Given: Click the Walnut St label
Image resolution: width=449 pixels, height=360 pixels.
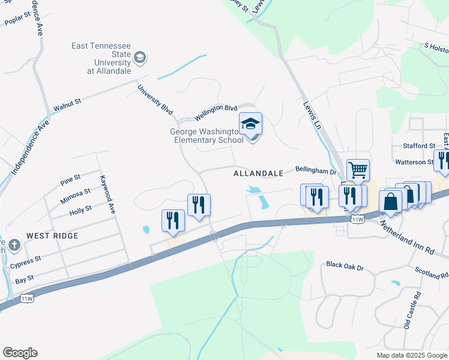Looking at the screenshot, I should click(x=67, y=106).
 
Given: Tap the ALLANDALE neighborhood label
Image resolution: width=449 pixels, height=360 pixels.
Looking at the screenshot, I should click(x=258, y=173).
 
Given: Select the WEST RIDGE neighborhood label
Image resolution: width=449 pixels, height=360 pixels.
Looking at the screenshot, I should click(x=52, y=236).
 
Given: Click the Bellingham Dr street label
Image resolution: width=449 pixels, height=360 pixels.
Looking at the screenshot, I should click(x=316, y=171).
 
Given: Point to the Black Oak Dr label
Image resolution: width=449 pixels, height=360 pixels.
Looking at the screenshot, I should click(x=345, y=264).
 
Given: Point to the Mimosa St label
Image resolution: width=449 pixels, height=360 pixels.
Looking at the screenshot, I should click(x=75, y=194).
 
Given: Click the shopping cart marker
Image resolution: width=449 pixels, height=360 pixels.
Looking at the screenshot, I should click(x=358, y=170).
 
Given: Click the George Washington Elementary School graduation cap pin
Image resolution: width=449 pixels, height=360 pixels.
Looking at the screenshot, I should click(x=250, y=124).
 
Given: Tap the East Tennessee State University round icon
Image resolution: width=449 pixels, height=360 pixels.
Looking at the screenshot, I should click(x=140, y=58).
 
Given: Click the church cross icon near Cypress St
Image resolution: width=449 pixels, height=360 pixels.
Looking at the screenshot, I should click(x=14, y=245).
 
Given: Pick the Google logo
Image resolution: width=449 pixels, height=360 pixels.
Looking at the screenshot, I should click(x=20, y=353).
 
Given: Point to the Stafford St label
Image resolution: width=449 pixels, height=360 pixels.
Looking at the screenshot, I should click(x=420, y=146).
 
